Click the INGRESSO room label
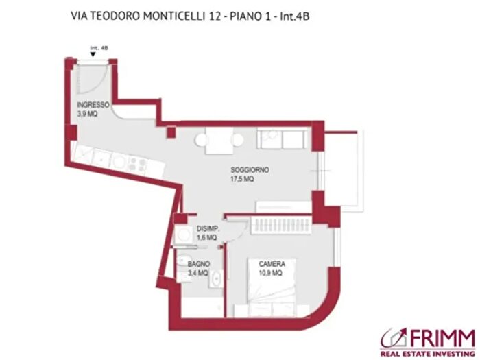(x=93, y=105)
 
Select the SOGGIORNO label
(x=250, y=169)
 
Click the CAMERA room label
(x=272, y=264)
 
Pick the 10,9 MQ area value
(x=270, y=273)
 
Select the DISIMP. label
(x=207, y=229)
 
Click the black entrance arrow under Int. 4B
(x=93, y=54)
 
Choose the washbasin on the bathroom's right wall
(x=215, y=279)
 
